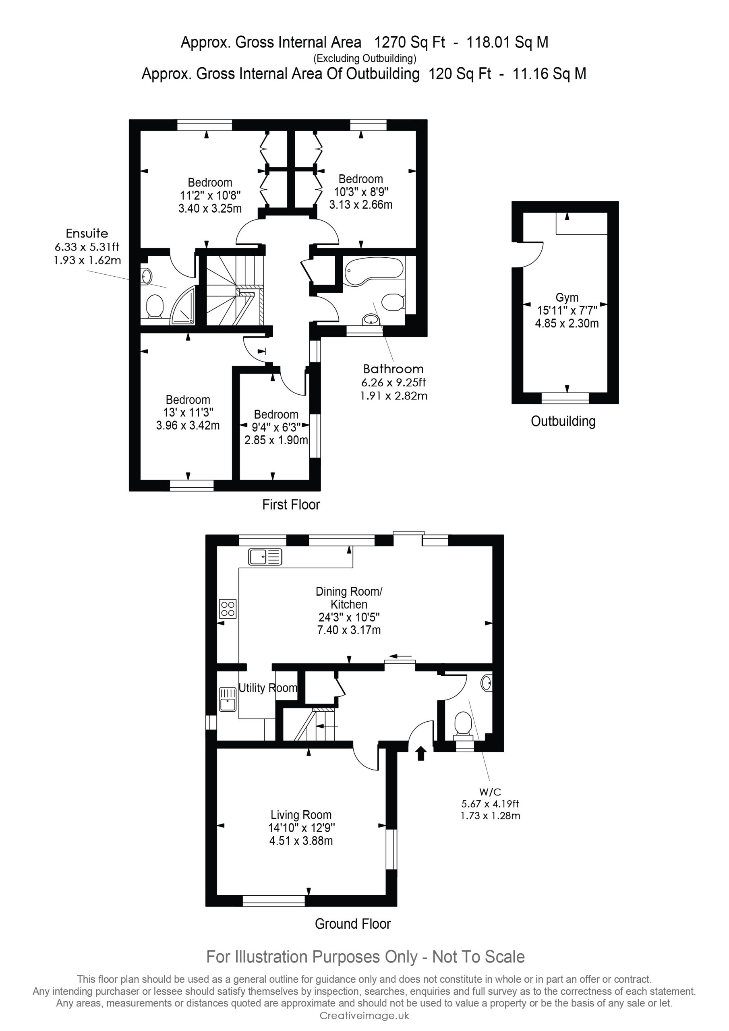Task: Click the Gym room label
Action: tap(567, 297)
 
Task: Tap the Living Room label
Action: tap(301, 815)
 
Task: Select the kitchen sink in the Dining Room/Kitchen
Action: tap(265, 557)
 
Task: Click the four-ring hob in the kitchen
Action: tap(228, 609)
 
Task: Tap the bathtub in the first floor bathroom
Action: tap(374, 271)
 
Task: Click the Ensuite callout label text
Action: tap(87, 234)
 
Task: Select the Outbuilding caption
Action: tap(563, 421)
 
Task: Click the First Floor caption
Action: tap(291, 505)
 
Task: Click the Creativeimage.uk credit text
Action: tap(364, 1016)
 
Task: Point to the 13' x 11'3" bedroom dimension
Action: tap(188, 412)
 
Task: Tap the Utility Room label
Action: tap(268, 688)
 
